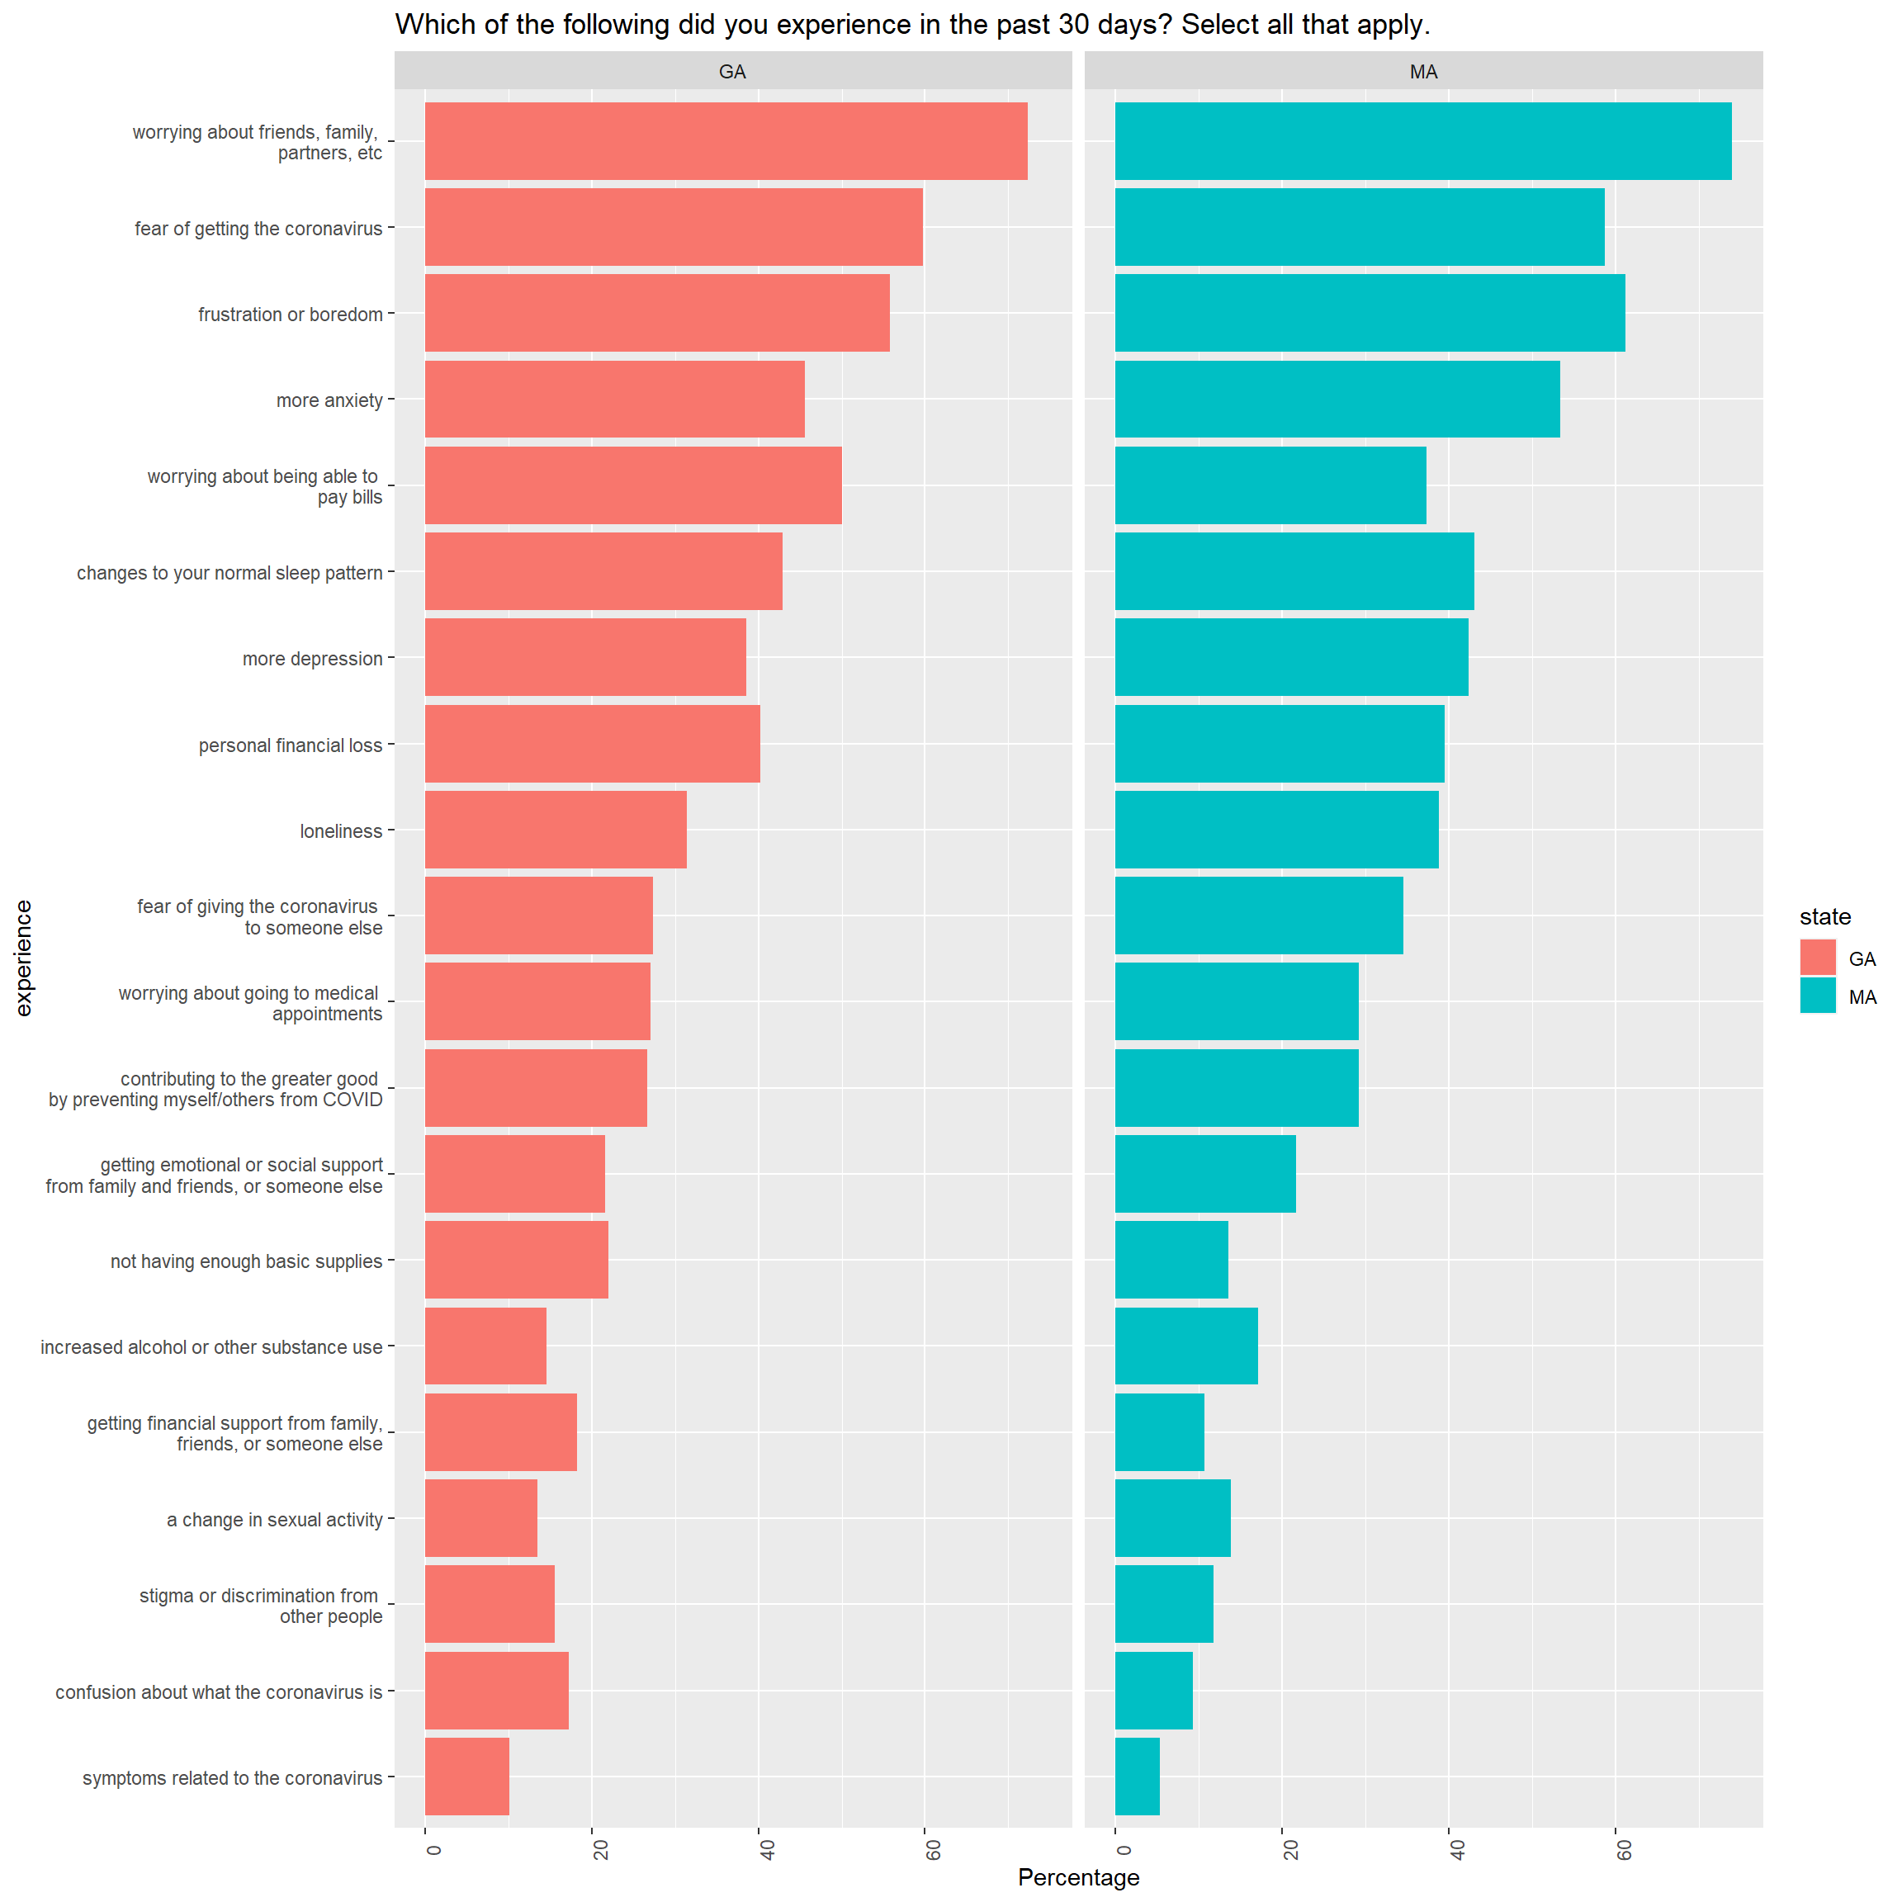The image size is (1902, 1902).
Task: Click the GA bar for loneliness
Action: tap(556, 829)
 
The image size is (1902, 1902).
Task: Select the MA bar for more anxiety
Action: tap(1337, 399)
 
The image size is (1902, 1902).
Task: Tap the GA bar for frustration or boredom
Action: tap(656, 313)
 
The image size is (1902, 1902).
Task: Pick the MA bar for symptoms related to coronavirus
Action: tap(1137, 1776)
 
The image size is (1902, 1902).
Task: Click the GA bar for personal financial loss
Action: tap(592, 743)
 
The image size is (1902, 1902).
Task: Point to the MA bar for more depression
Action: tap(1290, 656)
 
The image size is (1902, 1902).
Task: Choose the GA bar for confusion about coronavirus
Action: tap(496, 1691)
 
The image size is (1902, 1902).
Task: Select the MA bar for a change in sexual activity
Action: tap(1172, 1518)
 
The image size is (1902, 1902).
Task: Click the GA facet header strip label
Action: tap(732, 72)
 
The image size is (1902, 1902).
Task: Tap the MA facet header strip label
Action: tap(1423, 72)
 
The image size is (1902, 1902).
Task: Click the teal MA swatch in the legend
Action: tap(1817, 996)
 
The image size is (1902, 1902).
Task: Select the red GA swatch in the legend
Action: tap(1817, 957)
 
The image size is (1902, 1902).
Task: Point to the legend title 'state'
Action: tap(1825, 916)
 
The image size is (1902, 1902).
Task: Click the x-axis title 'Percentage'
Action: tap(1078, 1877)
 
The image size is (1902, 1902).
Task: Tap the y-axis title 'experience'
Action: tap(24, 957)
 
